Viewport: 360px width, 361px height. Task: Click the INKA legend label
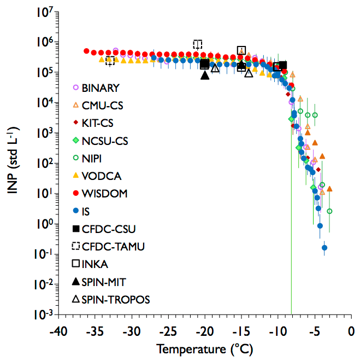click(x=95, y=264)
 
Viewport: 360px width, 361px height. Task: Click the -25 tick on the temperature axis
click(x=168, y=332)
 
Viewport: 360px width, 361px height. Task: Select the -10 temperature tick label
click(x=278, y=332)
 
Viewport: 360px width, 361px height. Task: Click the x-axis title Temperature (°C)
click(x=204, y=348)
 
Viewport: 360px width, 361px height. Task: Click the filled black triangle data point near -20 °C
click(x=205, y=74)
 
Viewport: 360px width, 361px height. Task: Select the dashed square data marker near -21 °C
click(x=197, y=44)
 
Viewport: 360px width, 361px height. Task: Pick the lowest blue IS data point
click(x=324, y=248)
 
